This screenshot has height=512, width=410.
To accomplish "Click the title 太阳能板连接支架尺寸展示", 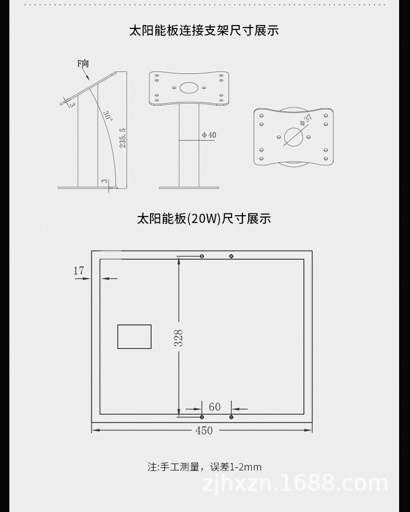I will (x=204, y=31).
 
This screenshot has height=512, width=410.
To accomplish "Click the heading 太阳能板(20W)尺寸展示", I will (x=204, y=219).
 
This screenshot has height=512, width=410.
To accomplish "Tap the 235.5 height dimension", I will (x=123, y=138).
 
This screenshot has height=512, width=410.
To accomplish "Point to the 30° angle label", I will (x=107, y=115).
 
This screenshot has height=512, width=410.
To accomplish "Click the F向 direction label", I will (x=83, y=64).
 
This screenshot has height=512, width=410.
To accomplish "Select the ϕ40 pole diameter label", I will (x=209, y=135).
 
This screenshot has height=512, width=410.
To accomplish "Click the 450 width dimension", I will (x=204, y=430).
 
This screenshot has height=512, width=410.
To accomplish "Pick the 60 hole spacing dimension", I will (x=215, y=407).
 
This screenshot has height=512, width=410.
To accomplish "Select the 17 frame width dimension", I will (x=78, y=271).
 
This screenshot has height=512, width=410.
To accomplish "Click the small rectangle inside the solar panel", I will (x=134, y=336).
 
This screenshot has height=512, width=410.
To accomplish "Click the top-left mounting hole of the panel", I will (x=202, y=256).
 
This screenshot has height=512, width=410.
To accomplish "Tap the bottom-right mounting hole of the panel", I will (x=231, y=417).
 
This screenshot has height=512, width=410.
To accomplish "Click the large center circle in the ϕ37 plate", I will (x=294, y=137).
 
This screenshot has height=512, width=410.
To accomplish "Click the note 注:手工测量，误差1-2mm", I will (x=204, y=467).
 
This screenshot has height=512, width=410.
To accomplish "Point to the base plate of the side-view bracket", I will (x=88, y=187).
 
